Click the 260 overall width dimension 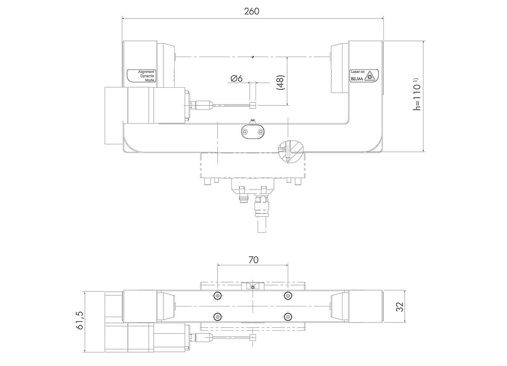pos(252,11)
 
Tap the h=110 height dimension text pos(417,94)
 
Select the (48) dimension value pos(280,83)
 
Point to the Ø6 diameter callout pos(236,78)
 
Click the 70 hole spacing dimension pos(253,260)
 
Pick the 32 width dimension pos(400,306)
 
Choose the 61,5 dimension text pos(80,320)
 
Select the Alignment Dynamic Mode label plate pos(142,76)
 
